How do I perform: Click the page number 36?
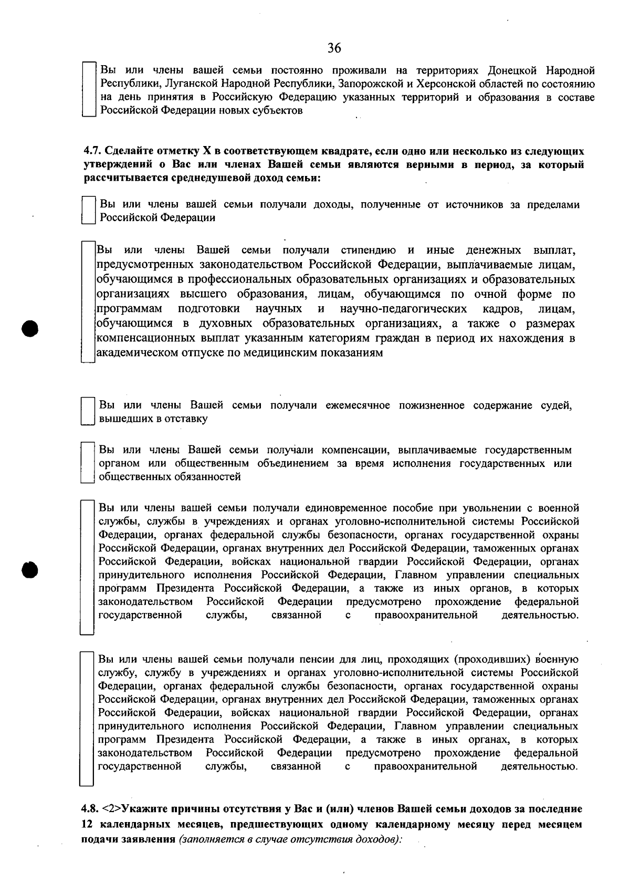334,48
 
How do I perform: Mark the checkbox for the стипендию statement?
88,301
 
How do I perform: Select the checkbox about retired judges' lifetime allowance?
88,412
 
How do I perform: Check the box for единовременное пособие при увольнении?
87,567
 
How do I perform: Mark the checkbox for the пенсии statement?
87,719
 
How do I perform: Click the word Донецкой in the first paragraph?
512,70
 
